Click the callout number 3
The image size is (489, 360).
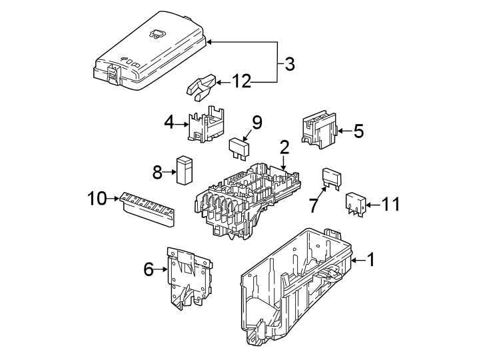click(289, 64)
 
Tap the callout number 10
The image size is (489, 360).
click(97, 199)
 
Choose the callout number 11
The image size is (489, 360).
click(390, 204)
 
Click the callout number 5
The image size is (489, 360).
click(358, 131)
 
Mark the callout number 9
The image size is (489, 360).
click(256, 122)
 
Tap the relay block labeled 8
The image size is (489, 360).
click(184, 169)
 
